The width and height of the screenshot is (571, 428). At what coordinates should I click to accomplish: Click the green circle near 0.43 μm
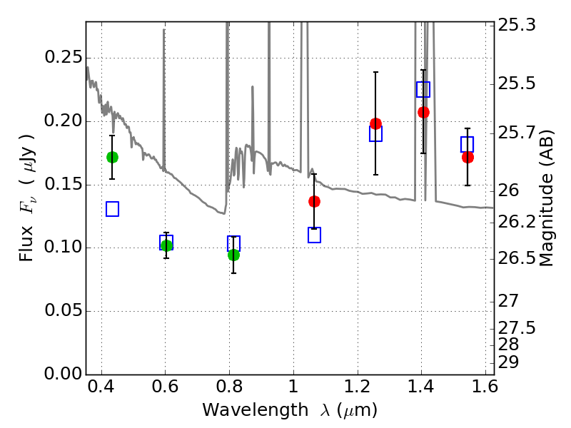pyautogui.click(x=112, y=157)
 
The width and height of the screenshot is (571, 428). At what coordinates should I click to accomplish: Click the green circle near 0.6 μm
pyautogui.click(x=166, y=245)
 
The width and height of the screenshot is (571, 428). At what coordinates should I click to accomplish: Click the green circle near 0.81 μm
pyautogui.click(x=233, y=255)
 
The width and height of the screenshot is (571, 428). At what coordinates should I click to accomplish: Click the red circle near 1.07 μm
pyautogui.click(x=314, y=201)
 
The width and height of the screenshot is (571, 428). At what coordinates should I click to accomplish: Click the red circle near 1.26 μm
pyautogui.click(x=375, y=123)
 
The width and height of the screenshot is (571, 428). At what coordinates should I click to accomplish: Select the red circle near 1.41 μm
pyautogui.click(x=423, y=112)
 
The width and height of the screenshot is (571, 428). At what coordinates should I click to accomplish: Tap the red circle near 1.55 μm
pyautogui.click(x=468, y=157)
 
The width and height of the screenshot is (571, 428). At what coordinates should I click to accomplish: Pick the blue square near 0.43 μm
pyautogui.click(x=112, y=209)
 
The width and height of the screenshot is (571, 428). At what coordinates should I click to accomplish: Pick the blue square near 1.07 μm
pyautogui.click(x=314, y=235)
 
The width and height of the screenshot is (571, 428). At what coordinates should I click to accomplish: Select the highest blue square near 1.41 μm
pyautogui.click(x=423, y=89)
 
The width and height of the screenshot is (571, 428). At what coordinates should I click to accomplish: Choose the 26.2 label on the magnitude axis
pyautogui.click(x=518, y=223)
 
